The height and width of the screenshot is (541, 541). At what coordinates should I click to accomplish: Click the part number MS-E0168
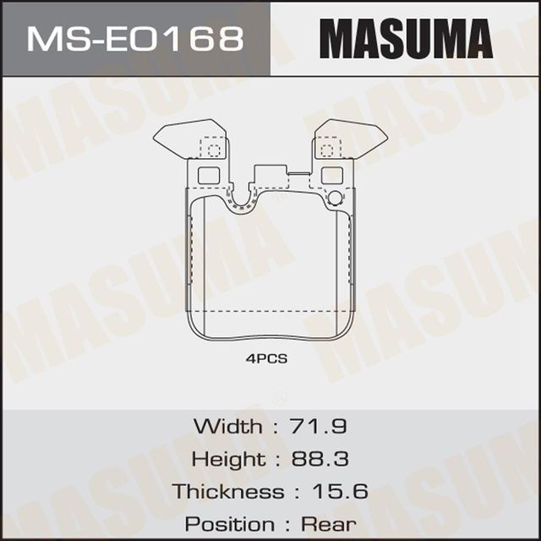(x=135, y=38)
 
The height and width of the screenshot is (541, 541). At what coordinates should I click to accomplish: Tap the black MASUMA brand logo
(x=406, y=38)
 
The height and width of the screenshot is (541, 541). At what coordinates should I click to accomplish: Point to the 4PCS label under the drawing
(x=267, y=358)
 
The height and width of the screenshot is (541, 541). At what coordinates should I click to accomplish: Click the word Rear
(x=329, y=523)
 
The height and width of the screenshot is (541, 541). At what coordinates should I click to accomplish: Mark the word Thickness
(x=228, y=491)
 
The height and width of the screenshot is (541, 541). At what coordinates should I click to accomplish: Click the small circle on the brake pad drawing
(x=335, y=199)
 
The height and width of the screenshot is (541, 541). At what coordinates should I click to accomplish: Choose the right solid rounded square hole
(x=332, y=175)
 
